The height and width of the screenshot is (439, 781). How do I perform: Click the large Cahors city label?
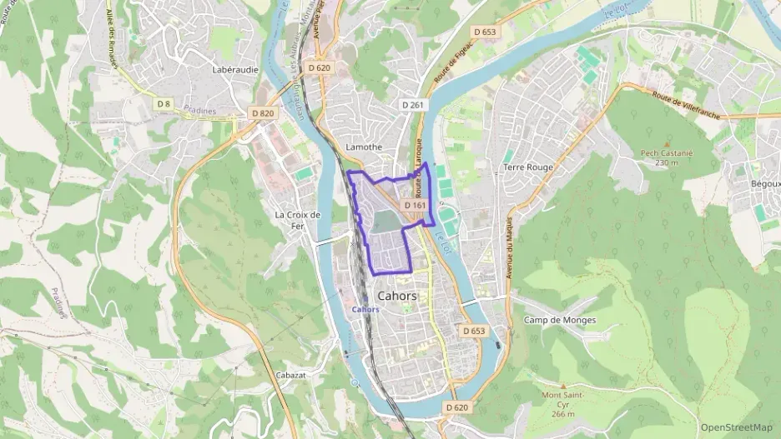[397, 296]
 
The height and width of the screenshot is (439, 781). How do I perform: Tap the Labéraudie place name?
[235, 70]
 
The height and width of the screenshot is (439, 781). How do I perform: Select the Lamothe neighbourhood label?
[364, 147]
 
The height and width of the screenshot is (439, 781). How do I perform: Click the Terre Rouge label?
[528, 167]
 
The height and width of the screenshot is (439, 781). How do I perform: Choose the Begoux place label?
[765, 183]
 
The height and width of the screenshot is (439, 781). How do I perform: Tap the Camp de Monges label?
[560, 320]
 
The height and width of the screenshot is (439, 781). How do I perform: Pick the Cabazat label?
[292, 375]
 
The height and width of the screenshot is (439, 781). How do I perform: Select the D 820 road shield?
[262, 112]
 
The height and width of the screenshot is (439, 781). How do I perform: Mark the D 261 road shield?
[413, 105]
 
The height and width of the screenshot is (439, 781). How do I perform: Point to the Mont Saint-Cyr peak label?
[563, 399]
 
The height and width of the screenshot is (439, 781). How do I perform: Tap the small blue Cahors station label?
[365, 309]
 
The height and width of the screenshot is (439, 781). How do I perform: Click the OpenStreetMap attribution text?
[737, 427]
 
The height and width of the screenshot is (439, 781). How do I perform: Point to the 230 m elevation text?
[667, 162]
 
